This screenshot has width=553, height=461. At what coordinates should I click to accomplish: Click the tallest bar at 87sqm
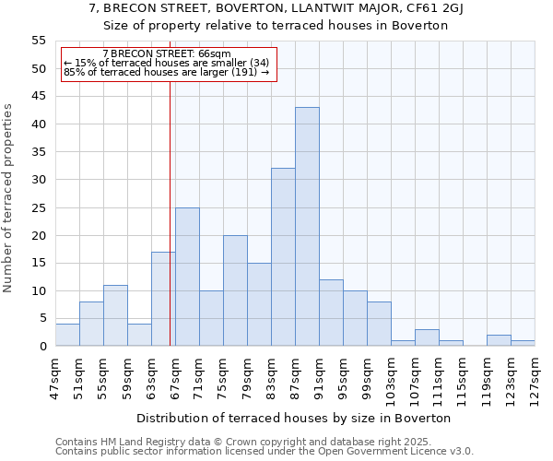[x=307, y=227]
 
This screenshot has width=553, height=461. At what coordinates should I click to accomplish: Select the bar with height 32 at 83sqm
[x=283, y=257]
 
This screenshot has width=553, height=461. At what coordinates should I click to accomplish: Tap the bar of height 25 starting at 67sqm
[x=187, y=277]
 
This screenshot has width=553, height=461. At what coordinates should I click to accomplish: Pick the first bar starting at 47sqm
[x=67, y=335]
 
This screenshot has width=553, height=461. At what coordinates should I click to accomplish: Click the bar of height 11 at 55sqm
[x=115, y=315]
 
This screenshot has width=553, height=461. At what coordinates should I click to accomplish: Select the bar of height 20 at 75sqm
[x=235, y=290]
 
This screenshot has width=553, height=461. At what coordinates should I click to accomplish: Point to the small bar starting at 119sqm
[x=499, y=340]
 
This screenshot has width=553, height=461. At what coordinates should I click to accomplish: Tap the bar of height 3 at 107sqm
[x=427, y=337]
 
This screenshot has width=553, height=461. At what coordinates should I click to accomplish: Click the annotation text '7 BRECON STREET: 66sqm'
[x=167, y=54]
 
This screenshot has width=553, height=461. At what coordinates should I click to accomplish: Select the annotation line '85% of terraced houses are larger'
[x=166, y=72]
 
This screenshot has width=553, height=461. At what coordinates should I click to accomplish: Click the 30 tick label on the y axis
[x=38, y=180]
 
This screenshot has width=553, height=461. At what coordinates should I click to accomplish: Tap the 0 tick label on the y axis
[x=41, y=347]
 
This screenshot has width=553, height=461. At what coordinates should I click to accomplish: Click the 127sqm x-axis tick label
[x=535, y=375]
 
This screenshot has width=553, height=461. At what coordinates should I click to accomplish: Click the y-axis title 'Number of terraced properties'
[x=8, y=197]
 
